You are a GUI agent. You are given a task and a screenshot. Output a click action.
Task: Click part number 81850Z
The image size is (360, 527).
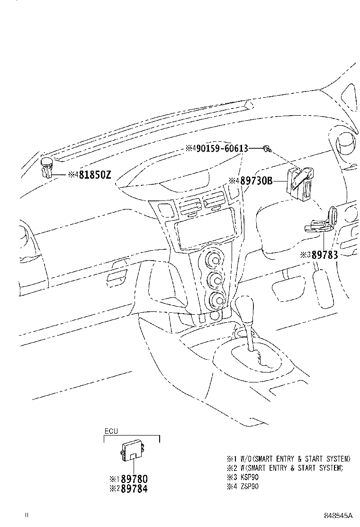tap(95, 175)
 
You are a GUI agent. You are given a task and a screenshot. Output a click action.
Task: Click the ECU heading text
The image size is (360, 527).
tap(111, 431)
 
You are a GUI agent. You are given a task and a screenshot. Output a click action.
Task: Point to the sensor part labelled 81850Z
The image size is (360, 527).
tap(46, 167)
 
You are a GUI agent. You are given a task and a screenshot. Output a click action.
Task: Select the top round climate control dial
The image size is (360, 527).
tap(213, 260)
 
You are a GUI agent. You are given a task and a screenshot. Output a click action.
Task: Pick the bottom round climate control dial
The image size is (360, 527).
tap(216, 299)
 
